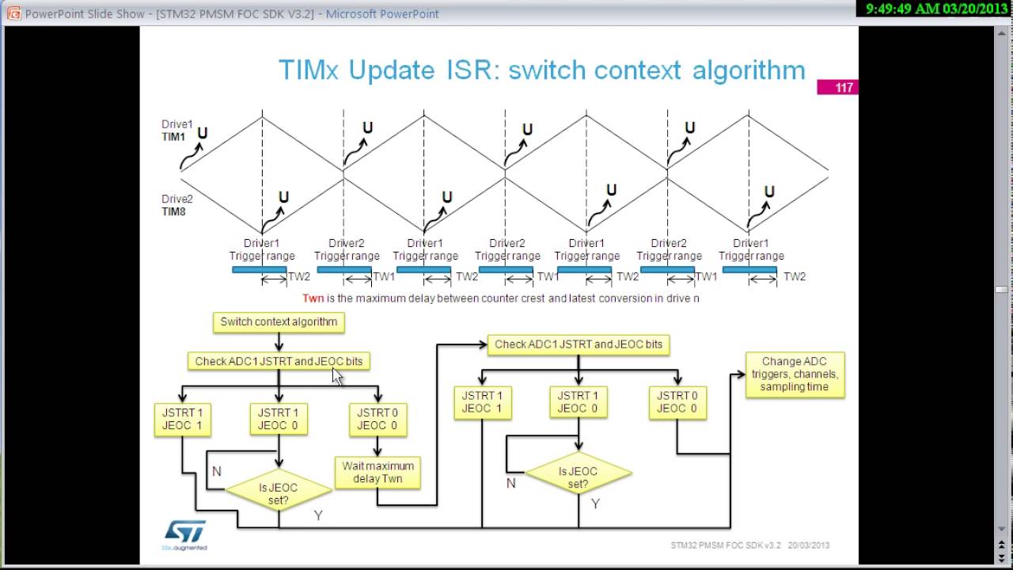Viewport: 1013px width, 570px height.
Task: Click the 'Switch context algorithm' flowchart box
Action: click(279, 321)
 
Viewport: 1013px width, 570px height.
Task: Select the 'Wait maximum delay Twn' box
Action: click(378, 473)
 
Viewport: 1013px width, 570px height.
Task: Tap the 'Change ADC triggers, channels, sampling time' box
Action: click(795, 374)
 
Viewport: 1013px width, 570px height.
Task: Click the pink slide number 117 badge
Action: click(837, 87)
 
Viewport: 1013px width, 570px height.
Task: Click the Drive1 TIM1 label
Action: click(176, 131)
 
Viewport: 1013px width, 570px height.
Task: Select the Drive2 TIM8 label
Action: click(176, 206)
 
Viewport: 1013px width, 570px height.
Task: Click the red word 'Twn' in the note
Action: click(313, 298)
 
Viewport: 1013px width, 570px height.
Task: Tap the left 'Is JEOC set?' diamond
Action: click(278, 494)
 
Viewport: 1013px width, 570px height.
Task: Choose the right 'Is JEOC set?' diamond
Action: click(578, 477)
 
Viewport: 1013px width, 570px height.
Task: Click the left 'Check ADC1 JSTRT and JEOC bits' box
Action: click(279, 361)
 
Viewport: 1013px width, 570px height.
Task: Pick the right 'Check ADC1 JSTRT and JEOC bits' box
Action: click(578, 344)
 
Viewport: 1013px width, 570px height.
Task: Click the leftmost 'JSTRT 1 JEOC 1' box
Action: click(182, 419)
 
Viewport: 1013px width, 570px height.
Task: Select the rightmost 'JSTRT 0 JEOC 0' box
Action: click(677, 402)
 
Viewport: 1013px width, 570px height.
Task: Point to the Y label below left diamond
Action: click(318, 515)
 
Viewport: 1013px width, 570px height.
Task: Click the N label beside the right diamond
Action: click(511, 483)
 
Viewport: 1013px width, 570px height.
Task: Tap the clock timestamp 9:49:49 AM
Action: click(903, 8)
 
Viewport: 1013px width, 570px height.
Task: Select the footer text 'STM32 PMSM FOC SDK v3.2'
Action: click(726, 545)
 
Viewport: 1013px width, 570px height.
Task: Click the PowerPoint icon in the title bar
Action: click(13, 13)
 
